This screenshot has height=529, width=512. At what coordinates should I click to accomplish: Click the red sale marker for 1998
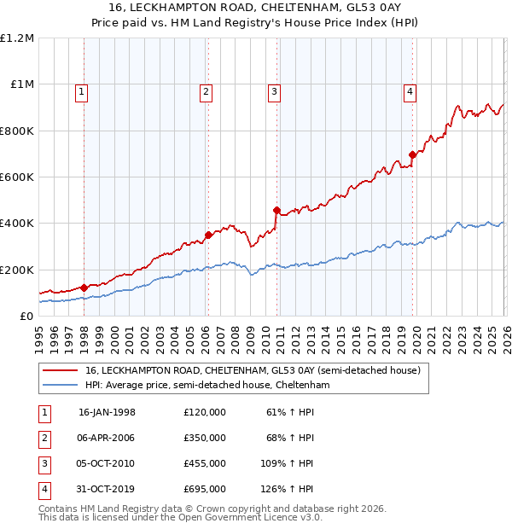tap(84, 288)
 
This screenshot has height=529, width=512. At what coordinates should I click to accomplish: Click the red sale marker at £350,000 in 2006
tap(208, 235)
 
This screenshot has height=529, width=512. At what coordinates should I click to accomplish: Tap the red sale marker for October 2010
tap(276, 210)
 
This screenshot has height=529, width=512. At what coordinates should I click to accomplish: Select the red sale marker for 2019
tap(412, 154)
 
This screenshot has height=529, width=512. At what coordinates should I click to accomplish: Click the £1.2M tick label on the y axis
tap(17, 38)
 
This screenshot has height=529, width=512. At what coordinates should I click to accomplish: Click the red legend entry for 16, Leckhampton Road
tap(253, 371)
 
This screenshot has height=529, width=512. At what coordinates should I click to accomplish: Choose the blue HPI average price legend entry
tap(207, 386)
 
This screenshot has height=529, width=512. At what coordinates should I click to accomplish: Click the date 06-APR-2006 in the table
tap(107, 438)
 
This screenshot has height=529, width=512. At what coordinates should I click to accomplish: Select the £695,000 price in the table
tap(205, 489)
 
